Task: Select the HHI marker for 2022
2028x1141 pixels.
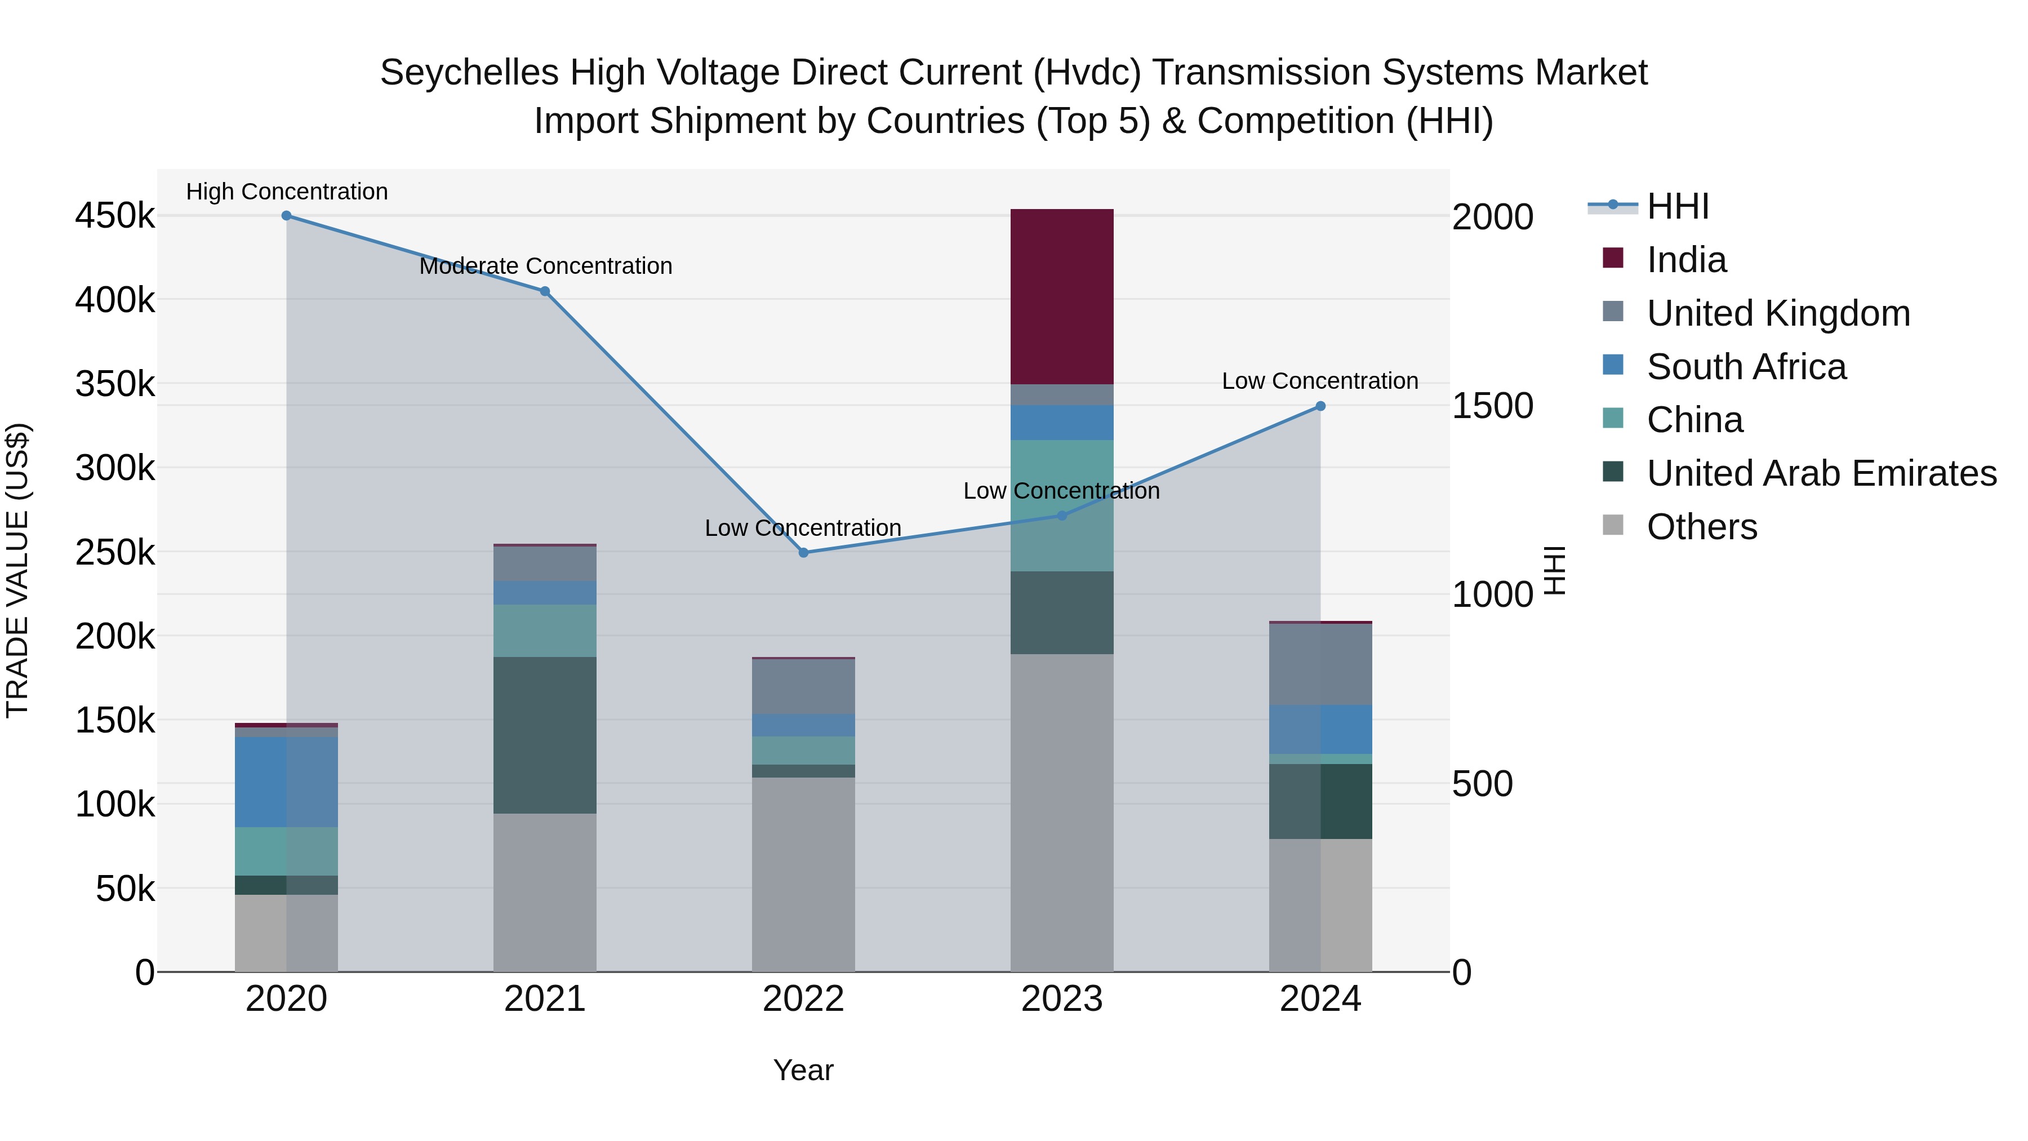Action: (x=803, y=553)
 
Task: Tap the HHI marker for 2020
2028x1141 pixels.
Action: (x=287, y=216)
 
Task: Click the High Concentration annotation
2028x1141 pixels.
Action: (x=287, y=192)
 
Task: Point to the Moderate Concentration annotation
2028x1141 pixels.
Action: (x=545, y=266)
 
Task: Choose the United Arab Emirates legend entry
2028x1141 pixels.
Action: (x=1821, y=473)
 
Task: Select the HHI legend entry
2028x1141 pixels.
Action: (x=1677, y=206)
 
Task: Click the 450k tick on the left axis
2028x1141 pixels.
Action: (x=115, y=216)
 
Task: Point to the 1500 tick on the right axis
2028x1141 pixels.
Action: (x=1492, y=406)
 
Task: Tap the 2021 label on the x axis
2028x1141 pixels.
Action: (x=545, y=999)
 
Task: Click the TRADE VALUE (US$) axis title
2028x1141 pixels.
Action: (x=17, y=570)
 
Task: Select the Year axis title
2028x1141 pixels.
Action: (x=803, y=1070)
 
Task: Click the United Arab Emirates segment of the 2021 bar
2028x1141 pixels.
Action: (x=545, y=735)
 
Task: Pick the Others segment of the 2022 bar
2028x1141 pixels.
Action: (x=803, y=874)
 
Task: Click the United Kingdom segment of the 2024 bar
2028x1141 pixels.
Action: (x=1320, y=664)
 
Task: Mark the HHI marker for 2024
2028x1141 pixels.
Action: (x=1320, y=406)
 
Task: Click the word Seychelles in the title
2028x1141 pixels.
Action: (x=469, y=73)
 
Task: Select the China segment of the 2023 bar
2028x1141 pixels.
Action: (x=1061, y=505)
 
